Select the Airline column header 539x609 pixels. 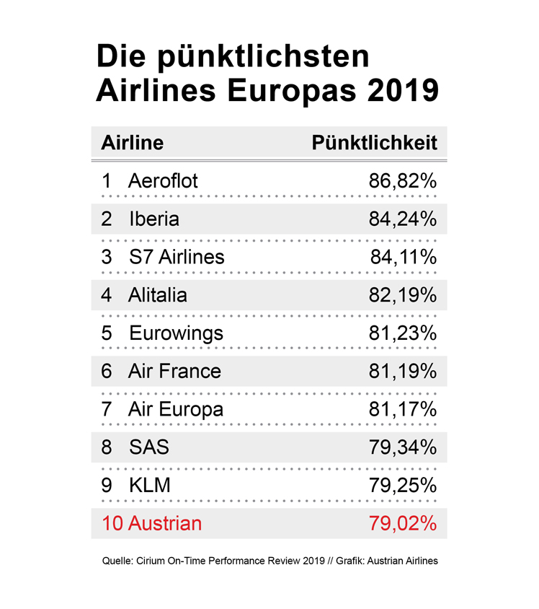tap(133, 142)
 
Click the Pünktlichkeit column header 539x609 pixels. tap(374, 142)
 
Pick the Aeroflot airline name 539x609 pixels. tap(162, 180)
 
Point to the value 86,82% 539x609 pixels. tap(403, 180)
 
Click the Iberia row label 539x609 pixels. tap(154, 219)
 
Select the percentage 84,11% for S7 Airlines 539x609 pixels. tap(404, 257)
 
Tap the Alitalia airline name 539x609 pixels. tap(157, 295)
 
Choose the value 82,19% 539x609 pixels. tap(403, 295)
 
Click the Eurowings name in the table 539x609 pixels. tap(176, 333)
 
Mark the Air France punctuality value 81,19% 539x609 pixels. tap(403, 372)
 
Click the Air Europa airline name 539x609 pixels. tap(175, 409)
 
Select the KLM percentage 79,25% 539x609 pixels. tap(403, 486)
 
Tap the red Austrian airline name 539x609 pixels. tap(164, 524)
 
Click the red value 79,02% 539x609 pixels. tap(403, 524)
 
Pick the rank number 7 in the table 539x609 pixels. tap(107, 409)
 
